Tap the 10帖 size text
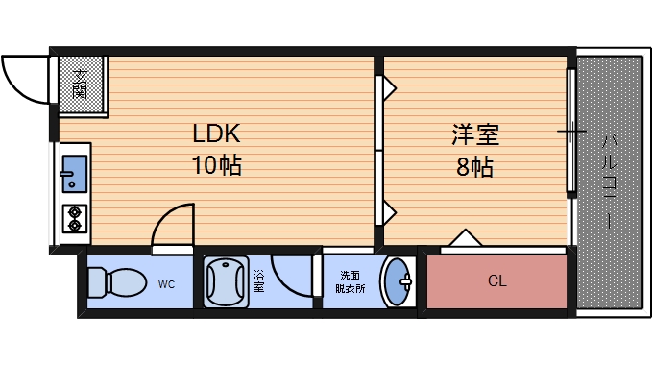click(216, 165)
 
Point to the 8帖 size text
click(474, 167)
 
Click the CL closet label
click(496, 281)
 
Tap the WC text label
click(166, 283)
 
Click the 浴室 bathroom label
click(258, 281)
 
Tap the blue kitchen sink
click(74, 174)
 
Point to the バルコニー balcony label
click(609, 180)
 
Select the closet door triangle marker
click(465, 237)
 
